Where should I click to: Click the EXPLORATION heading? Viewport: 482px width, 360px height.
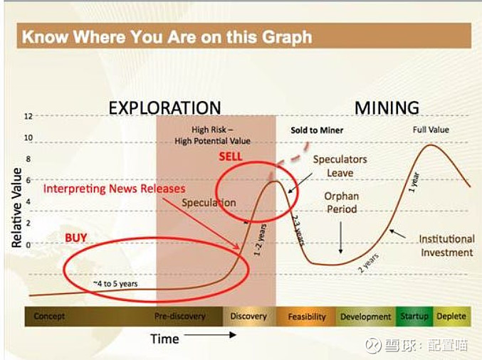[x=164, y=108]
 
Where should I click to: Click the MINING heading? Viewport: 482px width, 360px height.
[x=387, y=108]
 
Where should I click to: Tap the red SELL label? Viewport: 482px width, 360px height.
[x=231, y=157]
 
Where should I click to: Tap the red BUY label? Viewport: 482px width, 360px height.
[x=76, y=238]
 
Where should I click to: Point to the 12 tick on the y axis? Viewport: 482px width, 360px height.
[x=28, y=116]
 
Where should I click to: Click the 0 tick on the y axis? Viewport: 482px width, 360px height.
[x=28, y=245]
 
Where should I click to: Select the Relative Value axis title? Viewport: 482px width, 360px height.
[x=16, y=208]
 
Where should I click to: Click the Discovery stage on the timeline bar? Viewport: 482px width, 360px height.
[x=248, y=316]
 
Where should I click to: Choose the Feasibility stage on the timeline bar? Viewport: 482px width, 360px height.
[x=307, y=317]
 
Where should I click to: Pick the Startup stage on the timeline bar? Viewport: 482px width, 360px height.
[x=414, y=316]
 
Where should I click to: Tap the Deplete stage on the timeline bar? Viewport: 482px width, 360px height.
[x=451, y=316]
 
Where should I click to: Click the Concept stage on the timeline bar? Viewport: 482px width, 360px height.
[x=49, y=316]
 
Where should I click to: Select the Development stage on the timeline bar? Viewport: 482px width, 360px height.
[x=365, y=317]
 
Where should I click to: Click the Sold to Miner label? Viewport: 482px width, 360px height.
[x=317, y=130]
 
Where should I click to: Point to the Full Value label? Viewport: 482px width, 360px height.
[x=431, y=129]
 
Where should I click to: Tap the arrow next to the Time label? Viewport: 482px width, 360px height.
[x=210, y=335]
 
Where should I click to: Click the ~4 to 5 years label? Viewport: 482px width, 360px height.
[x=115, y=284]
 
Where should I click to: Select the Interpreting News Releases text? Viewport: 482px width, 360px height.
[x=115, y=189]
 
